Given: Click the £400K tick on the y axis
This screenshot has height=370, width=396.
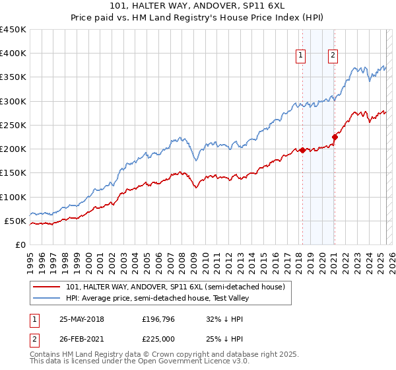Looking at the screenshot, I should pos(13,54).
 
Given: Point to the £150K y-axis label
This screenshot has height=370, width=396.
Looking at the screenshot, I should pos(13,173).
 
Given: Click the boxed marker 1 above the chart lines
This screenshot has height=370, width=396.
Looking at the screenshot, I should pos(301,56).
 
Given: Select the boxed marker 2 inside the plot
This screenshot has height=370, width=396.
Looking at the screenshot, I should pos(333,56).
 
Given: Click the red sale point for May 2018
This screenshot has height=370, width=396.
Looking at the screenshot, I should pos(302,150).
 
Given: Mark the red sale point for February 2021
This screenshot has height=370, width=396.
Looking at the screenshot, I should pos(335,137).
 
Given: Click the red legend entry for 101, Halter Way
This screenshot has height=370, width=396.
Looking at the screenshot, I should pos(175,287).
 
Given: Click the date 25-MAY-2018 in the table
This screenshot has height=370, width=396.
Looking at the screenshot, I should pos(82,319).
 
